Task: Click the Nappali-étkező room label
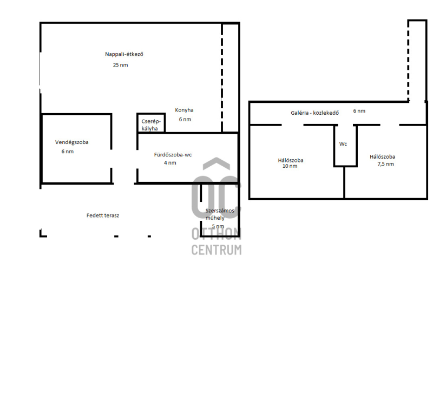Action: coord(124,54)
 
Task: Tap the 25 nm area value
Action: coord(120,65)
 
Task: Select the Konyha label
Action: coord(184,110)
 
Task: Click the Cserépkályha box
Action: coord(151,123)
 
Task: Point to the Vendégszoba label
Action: coord(72,142)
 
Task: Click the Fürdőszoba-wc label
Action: coord(173,155)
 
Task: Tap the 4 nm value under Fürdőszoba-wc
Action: coord(170,163)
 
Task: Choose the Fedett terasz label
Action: coord(103,215)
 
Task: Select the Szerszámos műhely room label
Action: coord(220,214)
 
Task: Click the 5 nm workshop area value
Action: coord(218,226)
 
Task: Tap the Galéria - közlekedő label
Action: coord(314,113)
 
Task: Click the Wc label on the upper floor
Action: coord(343,144)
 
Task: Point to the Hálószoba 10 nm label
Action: coord(291,163)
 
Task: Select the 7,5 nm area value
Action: coord(385,164)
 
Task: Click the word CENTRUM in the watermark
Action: coord(216,250)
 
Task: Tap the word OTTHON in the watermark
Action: coord(216,234)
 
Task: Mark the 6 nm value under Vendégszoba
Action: coord(67,152)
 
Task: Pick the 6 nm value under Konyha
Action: coord(185,119)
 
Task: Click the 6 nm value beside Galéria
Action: coord(359,111)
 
